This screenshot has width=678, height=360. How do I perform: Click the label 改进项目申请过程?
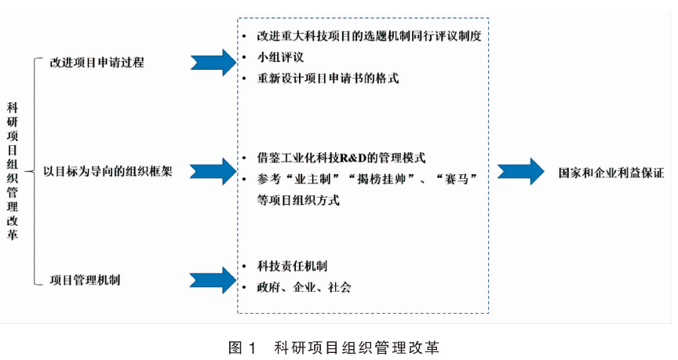[97, 63]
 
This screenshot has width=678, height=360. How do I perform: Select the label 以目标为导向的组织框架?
[108, 172]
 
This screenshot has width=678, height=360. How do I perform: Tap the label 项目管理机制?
[85, 280]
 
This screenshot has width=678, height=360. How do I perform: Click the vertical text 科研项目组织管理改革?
[12, 171]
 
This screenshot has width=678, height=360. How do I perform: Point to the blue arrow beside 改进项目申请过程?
[213, 63]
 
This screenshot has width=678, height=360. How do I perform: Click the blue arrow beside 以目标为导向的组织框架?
[213, 172]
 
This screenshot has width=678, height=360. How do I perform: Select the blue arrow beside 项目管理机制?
[213, 280]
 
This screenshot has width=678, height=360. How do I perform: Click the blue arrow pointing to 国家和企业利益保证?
[521, 172]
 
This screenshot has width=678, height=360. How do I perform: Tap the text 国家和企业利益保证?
[611, 173]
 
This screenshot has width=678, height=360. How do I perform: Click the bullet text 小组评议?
[280, 57]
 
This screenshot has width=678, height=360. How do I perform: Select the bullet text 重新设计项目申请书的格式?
[327, 78]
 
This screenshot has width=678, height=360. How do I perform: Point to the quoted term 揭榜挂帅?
[381, 179]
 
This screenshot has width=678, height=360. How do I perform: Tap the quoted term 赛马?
[457, 179]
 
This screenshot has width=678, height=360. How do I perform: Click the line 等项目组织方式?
[298, 200]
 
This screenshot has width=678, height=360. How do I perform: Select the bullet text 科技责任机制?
[292, 266]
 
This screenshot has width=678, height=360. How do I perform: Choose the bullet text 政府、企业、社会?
[304, 287]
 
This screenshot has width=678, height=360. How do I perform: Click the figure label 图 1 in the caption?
[242, 347]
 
